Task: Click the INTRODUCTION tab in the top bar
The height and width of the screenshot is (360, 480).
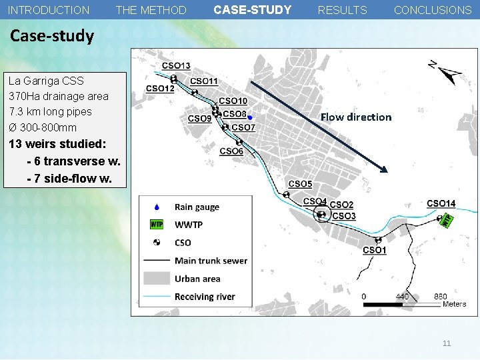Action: pyautogui.click(x=49, y=10)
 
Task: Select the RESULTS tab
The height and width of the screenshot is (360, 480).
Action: pyautogui.click(x=342, y=10)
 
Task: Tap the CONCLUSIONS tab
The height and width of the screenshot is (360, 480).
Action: pyautogui.click(x=432, y=10)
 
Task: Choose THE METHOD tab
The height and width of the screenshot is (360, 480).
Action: pyautogui.click(x=151, y=10)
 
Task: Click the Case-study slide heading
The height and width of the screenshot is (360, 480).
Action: pyautogui.click(x=52, y=36)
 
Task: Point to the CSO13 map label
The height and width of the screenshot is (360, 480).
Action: pyautogui.click(x=176, y=65)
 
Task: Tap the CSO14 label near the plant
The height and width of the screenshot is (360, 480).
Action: pyautogui.click(x=441, y=203)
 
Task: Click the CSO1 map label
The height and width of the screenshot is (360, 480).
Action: pyautogui.click(x=374, y=250)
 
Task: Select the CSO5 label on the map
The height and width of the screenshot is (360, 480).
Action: pyautogui.click(x=300, y=184)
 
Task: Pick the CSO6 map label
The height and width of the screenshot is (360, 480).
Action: pyautogui.click(x=231, y=151)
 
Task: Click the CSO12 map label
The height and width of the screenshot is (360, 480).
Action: pyautogui.click(x=160, y=88)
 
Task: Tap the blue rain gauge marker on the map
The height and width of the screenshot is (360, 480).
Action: pyautogui.click(x=249, y=117)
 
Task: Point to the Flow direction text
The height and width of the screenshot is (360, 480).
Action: pyautogui.click(x=355, y=117)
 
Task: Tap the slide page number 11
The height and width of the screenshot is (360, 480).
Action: pyautogui.click(x=447, y=343)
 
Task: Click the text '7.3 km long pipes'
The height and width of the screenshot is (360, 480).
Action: pyautogui.click(x=51, y=111)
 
